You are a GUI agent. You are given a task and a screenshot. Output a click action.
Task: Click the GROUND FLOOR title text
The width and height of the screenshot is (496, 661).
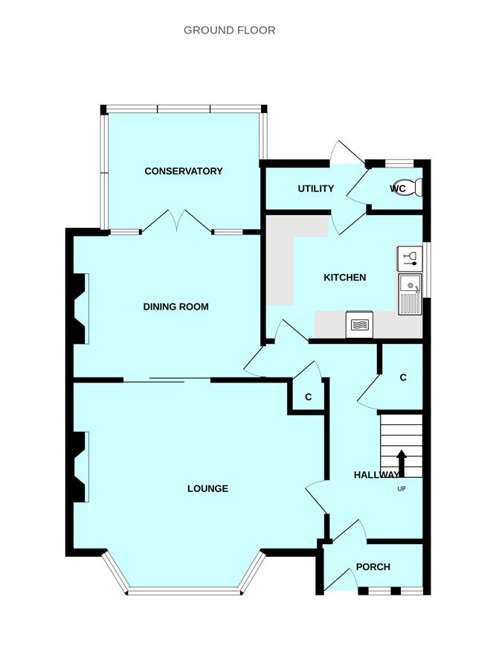(229, 31)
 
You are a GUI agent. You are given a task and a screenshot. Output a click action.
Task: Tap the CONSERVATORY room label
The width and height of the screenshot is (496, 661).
(184, 171)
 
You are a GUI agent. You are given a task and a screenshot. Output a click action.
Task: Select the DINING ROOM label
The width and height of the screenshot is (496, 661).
(175, 307)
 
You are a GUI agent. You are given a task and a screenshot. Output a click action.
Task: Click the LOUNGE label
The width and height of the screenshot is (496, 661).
(207, 489)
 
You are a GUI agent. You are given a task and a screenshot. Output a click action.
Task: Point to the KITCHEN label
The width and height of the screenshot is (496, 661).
(344, 278)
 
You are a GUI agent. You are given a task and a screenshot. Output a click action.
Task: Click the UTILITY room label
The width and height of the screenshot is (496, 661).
(316, 189)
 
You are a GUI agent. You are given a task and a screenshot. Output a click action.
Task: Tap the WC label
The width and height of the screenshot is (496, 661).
(398, 189)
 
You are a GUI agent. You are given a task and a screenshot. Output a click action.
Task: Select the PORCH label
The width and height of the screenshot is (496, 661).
(373, 567)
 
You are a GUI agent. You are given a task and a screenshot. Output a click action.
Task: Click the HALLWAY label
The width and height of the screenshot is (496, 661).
(376, 475)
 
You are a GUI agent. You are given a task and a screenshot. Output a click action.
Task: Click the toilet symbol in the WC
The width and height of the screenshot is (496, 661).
(411, 188)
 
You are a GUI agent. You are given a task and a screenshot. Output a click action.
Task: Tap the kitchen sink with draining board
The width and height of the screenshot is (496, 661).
(410, 294)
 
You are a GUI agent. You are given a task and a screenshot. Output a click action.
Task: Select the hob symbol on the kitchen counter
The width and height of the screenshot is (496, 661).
(359, 325)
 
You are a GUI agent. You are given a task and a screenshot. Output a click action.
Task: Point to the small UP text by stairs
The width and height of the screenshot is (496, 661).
(402, 489)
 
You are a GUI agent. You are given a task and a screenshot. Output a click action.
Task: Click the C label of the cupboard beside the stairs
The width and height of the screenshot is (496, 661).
(403, 378)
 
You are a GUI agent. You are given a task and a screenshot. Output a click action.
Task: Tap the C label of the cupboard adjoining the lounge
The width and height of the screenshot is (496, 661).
(308, 397)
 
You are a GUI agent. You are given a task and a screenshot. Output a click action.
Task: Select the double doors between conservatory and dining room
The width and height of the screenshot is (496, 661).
(177, 222)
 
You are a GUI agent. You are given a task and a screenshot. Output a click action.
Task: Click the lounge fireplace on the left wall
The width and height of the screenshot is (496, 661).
(78, 467)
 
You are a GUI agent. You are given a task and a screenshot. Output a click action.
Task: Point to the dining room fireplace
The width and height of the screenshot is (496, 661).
(79, 308)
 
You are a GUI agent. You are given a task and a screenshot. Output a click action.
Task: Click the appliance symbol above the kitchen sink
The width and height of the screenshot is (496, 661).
(410, 259)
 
